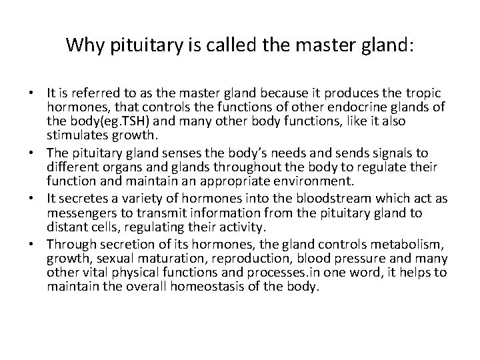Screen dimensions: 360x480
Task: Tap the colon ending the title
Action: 410,47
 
